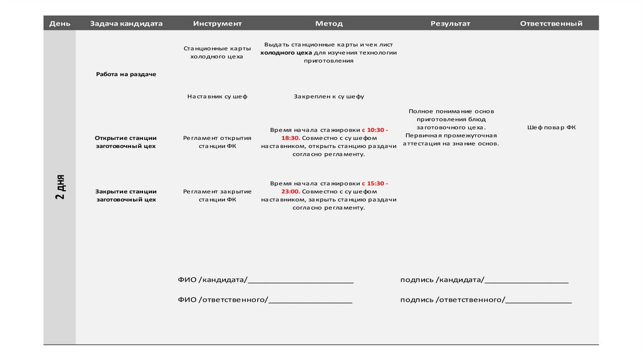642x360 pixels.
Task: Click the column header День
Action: coord(60,24)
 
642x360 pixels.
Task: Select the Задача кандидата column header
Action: coord(126,24)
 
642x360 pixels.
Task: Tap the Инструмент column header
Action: coord(217,24)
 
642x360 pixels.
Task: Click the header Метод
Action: coord(329,24)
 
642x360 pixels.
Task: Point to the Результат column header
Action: coord(450,24)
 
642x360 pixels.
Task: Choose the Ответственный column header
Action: coord(551,24)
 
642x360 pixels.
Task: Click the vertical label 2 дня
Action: coord(60,187)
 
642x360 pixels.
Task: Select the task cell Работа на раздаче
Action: coord(126,74)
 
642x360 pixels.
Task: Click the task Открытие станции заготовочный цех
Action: coord(126,142)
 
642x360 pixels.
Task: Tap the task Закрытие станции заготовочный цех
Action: coord(126,195)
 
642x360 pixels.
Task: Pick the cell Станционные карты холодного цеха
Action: coord(217,52)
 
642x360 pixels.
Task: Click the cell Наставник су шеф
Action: coord(217,97)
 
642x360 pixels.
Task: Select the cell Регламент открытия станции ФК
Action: coord(217,142)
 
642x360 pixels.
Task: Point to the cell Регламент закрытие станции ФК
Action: coord(217,195)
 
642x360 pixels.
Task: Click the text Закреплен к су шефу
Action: coord(329,97)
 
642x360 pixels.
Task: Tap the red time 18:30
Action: coord(290,137)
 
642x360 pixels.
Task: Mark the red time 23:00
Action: coord(290,191)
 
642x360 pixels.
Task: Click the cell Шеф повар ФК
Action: coord(551,127)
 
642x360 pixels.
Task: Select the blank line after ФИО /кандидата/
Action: coord(301,280)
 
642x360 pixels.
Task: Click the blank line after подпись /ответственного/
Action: coord(539,300)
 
